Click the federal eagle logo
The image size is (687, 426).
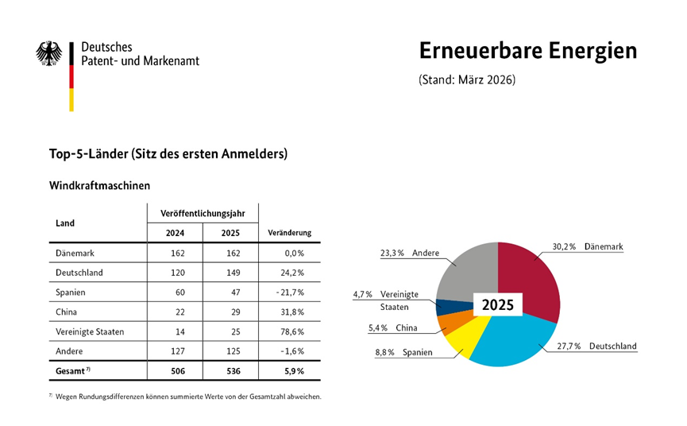[48, 53]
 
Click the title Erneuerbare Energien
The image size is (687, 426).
[528, 51]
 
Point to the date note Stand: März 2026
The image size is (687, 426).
[467, 79]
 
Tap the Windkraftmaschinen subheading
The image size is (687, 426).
[99, 185]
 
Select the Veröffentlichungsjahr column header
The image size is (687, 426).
[203, 214]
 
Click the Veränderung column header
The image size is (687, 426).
[290, 233]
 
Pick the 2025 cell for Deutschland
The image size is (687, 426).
[233, 273]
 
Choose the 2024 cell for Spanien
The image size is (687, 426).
[180, 292]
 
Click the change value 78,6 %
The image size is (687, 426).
[292, 331]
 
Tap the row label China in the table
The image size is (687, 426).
[66, 312]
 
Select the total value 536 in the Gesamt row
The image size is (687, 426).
[234, 371]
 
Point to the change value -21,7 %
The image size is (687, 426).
[290, 292]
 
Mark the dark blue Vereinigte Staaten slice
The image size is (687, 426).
[447, 308]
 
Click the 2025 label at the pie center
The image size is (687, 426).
[498, 304]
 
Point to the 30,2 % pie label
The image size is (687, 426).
[564, 246]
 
